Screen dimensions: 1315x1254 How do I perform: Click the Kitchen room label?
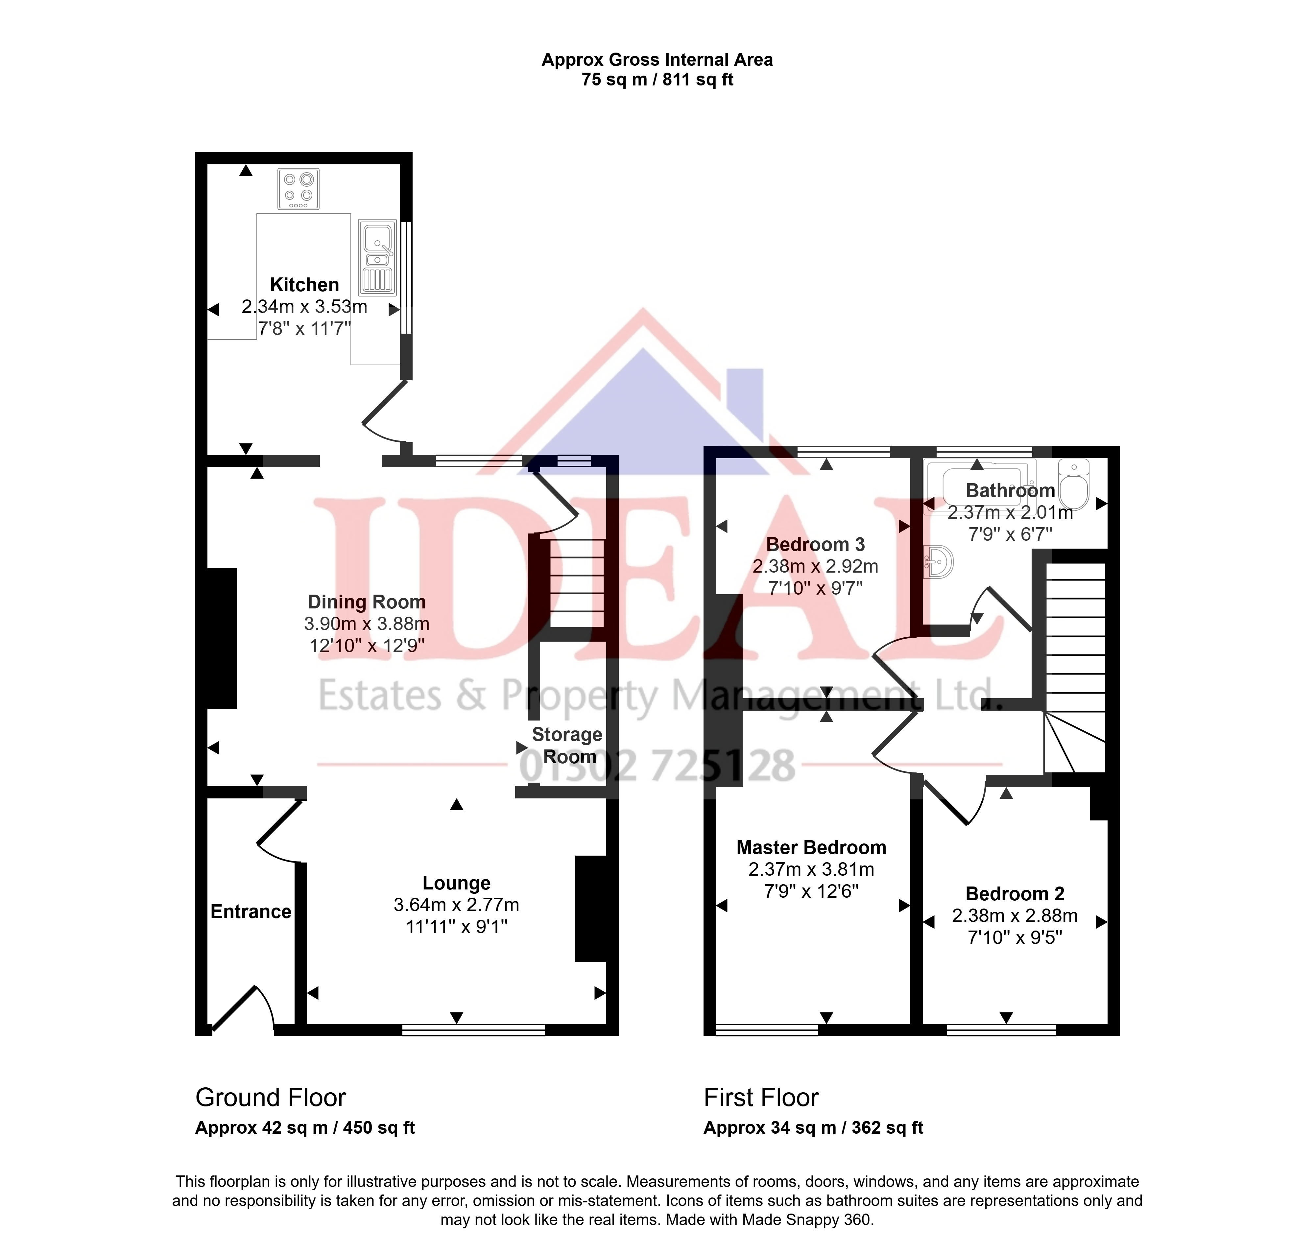click(x=304, y=285)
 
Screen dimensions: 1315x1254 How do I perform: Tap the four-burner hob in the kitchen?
click(x=298, y=188)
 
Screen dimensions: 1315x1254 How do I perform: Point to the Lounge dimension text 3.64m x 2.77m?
click(x=457, y=905)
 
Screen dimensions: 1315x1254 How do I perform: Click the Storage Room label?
click(x=567, y=745)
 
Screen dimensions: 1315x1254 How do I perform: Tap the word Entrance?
click(x=251, y=912)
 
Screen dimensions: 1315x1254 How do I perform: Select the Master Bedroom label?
click(x=811, y=848)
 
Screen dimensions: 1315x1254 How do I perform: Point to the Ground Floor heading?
click(x=271, y=1098)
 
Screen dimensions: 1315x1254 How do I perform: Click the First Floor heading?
click(x=761, y=1098)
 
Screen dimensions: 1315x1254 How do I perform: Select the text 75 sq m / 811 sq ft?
click(x=657, y=80)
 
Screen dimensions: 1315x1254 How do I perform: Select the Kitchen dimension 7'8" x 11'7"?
click(x=304, y=328)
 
